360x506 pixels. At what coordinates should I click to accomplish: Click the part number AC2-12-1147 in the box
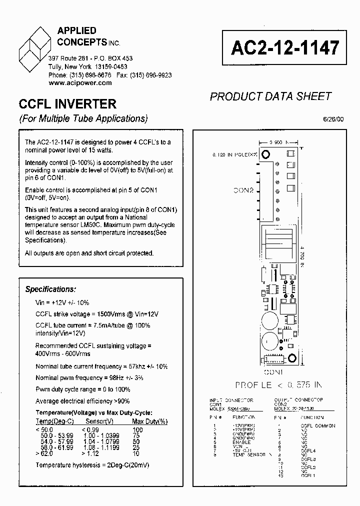pos(285,47)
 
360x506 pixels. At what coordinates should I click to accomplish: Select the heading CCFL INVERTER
pos(67,104)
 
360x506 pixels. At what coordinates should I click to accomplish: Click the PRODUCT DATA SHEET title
pos(270,96)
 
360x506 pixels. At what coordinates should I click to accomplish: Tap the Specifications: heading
pos(51,289)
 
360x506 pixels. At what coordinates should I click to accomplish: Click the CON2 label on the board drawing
pos(244,190)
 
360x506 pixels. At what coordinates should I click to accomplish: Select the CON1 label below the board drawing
pos(274,372)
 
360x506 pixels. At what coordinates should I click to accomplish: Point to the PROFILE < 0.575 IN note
pos(278,385)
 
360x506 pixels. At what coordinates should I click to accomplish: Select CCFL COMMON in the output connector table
pos(318,426)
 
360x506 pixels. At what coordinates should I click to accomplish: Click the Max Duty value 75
pos(137,436)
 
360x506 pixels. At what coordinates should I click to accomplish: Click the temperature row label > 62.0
pos(44,454)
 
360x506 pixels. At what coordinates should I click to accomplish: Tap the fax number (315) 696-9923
pos(150,75)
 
